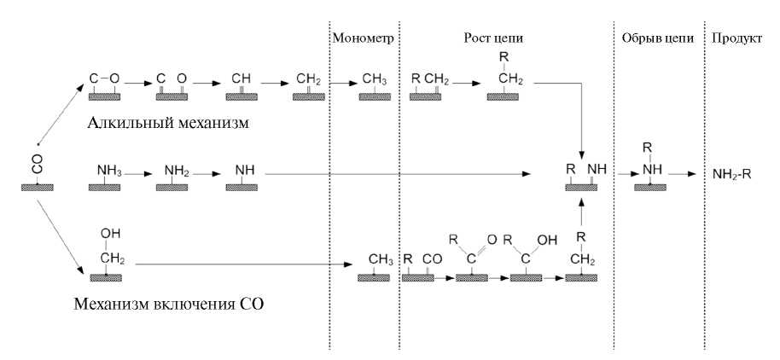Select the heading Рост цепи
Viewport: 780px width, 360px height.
(493, 39)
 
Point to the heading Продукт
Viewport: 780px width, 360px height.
(735, 39)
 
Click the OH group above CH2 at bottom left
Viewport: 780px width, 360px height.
(106, 233)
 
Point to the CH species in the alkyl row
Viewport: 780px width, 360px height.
(242, 79)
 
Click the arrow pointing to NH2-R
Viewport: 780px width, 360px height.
(680, 174)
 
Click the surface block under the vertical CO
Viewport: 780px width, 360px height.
(37, 185)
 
